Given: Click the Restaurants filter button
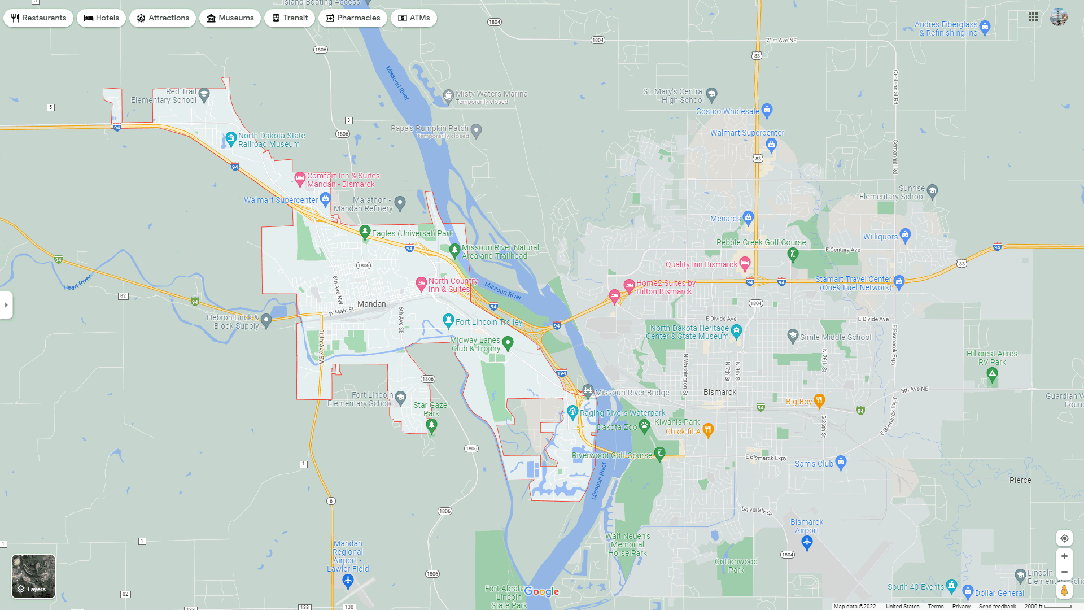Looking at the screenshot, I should point(38,18).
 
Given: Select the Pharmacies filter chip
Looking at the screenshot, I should point(353,18).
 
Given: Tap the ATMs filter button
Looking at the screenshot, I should point(414,18).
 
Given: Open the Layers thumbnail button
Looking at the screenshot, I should point(34,576).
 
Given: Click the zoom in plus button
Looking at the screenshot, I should point(1064,556).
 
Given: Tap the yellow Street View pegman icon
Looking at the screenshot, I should point(1064,591).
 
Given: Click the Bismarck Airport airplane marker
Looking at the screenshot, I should point(807,543).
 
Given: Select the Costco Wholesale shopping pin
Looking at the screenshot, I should point(767,110).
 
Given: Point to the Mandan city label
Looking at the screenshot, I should point(371,304).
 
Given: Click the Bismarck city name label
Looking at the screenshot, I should point(720,392).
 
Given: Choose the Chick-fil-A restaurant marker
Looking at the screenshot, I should point(708,430).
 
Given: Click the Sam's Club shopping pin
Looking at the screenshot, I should point(841,463).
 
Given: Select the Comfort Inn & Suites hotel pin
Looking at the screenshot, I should point(300,179).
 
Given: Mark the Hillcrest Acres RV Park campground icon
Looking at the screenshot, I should point(992,373).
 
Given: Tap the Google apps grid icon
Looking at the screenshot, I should point(1033,18).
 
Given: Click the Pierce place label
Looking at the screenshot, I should point(1020,480).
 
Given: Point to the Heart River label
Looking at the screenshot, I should point(77,283).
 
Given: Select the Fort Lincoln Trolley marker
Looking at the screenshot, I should point(448,321).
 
